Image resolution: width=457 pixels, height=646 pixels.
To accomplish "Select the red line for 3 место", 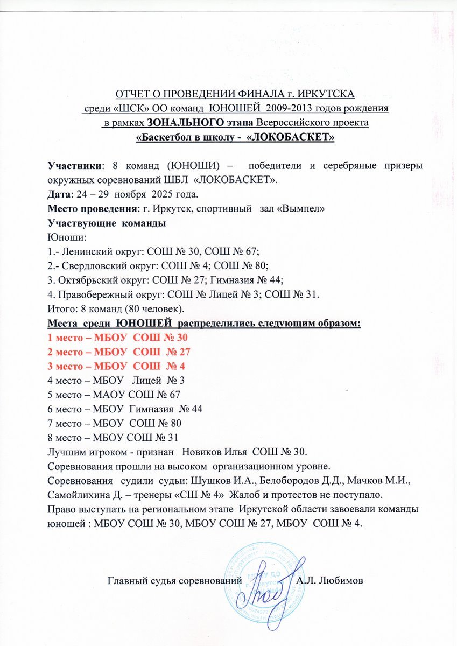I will click(x=117, y=366).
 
